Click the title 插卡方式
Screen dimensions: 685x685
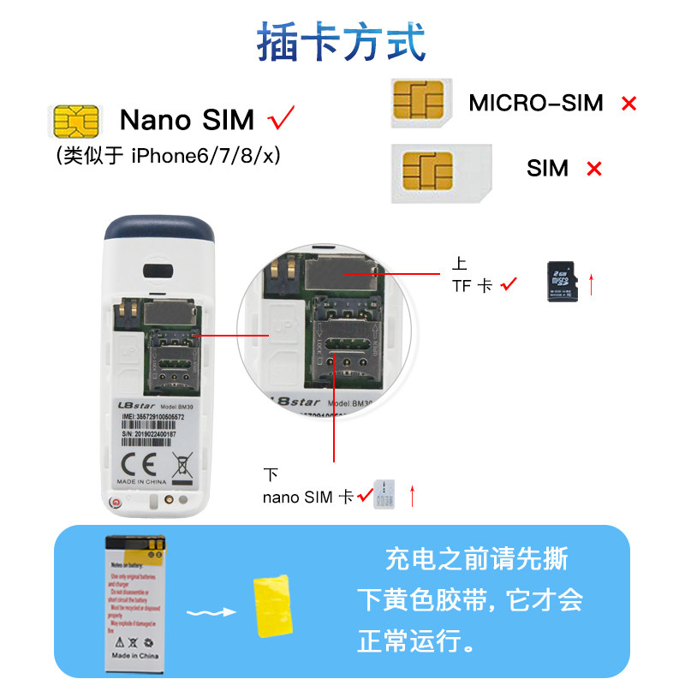[342, 41]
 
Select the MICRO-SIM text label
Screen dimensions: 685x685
[536, 104]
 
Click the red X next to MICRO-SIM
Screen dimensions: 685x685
[629, 104]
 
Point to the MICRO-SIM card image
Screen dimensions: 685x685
[420, 103]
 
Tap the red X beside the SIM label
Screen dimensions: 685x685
[593, 169]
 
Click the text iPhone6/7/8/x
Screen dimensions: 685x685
[206, 155]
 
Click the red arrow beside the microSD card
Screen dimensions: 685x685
[591, 284]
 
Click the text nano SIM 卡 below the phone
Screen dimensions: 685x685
[308, 497]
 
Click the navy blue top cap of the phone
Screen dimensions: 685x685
[158, 229]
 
